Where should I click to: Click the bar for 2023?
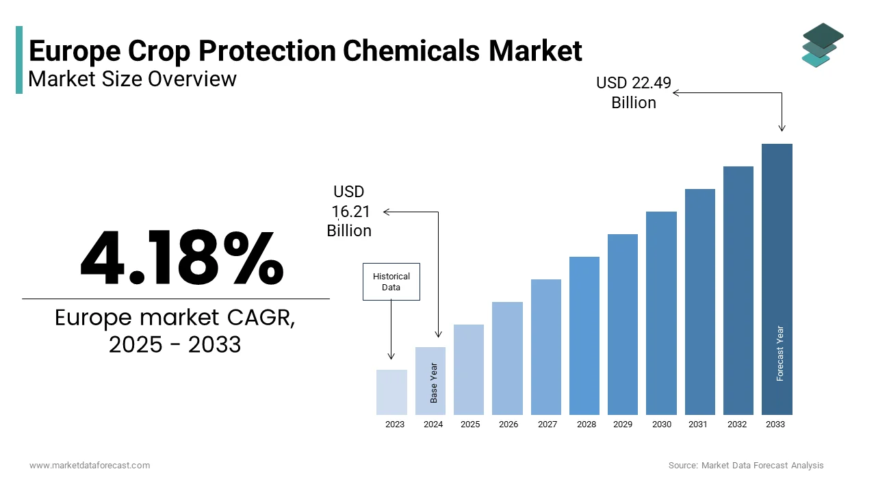click(391, 392)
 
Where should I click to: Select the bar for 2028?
click(584, 336)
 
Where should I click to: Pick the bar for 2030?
click(661, 313)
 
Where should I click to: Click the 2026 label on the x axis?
click(508, 425)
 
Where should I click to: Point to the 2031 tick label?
click(698, 425)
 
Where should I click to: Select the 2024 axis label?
click(433, 425)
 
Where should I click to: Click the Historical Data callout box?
click(391, 281)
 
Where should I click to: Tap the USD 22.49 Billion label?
click(634, 93)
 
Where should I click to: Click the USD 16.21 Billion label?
click(349, 212)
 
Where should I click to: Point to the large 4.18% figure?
click(181, 259)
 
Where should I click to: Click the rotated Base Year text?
click(433, 382)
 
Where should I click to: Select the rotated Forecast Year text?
click(780, 353)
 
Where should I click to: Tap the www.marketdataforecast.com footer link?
click(90, 466)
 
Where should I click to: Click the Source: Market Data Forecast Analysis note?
click(746, 466)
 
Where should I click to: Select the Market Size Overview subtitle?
click(133, 79)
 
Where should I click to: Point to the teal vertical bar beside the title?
click(19, 60)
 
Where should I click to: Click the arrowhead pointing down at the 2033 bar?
click(782, 127)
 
